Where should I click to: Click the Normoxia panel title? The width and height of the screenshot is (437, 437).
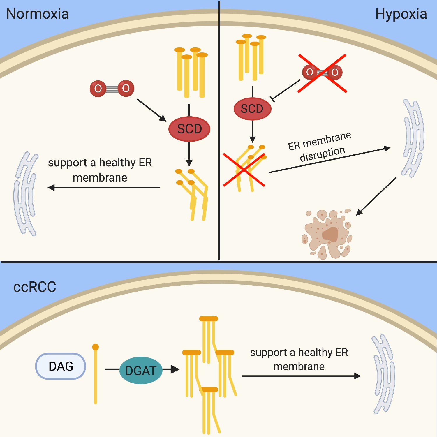click(x=38, y=14)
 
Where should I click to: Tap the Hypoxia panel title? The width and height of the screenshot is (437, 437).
click(x=401, y=14)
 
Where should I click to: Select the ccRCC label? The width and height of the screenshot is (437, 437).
click(x=35, y=287)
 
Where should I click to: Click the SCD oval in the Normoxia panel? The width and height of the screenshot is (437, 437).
click(x=189, y=129)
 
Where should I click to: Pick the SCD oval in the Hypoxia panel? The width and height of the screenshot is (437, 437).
click(x=252, y=109)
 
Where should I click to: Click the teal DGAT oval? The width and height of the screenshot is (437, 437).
click(x=141, y=370)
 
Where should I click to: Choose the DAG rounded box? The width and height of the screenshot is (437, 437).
click(x=61, y=366)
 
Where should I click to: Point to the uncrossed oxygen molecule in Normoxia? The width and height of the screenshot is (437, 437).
click(x=112, y=88)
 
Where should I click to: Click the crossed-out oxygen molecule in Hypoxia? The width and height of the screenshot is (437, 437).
click(x=322, y=72)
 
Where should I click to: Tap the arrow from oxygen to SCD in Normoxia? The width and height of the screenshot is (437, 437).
click(x=151, y=110)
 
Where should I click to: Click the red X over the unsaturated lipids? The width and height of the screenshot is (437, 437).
click(x=244, y=170)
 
